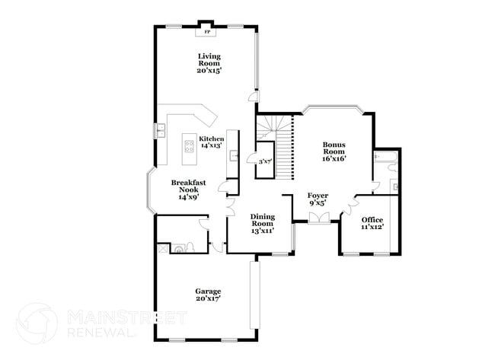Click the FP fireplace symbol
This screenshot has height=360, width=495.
206,32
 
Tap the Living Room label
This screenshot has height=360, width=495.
208,62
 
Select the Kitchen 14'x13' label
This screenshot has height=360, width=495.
211,142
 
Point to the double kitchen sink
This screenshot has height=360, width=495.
161,131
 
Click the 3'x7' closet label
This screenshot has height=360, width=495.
265,162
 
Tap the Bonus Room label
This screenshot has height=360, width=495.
334,151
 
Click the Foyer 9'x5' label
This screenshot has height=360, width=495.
318,199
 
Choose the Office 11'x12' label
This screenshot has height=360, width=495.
372,223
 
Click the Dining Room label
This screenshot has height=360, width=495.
262,224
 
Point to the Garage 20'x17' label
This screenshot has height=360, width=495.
208,295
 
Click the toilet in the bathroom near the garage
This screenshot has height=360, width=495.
179,247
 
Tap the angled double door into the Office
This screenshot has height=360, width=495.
352,207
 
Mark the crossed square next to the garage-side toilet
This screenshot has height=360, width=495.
161,247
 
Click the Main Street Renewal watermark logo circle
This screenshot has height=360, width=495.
37,323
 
